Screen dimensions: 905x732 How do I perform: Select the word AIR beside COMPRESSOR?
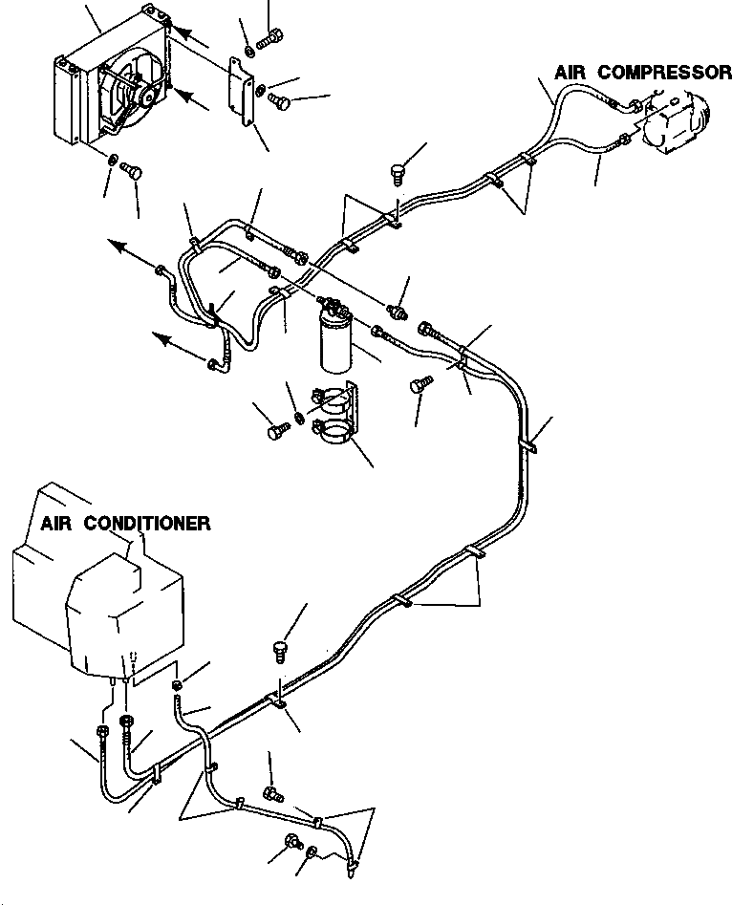(x=573, y=73)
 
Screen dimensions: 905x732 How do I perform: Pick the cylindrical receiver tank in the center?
(x=337, y=343)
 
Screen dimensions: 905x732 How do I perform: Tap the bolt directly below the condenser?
(x=135, y=172)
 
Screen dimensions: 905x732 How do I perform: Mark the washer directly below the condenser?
(x=114, y=160)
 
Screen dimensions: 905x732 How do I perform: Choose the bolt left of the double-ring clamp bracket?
(x=277, y=433)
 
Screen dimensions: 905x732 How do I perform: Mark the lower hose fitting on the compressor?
(x=623, y=140)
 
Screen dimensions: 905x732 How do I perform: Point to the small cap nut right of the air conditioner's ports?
(x=179, y=684)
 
